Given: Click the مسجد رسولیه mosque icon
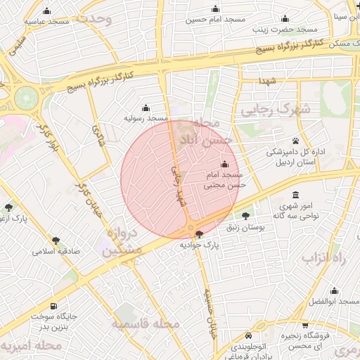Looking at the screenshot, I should point(146,108).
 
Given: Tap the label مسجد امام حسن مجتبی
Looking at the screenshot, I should point(224,180).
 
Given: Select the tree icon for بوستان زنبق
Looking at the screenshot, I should point(245,216).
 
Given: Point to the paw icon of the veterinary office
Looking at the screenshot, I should point(295,141).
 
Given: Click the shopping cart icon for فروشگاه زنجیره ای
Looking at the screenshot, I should point(304,325).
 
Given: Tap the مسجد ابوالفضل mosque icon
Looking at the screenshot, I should point(335,290).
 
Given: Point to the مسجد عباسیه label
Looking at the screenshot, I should point(46,22).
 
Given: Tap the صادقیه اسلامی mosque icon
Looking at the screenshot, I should point(55,239).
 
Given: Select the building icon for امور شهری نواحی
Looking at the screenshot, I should point(294,195).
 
